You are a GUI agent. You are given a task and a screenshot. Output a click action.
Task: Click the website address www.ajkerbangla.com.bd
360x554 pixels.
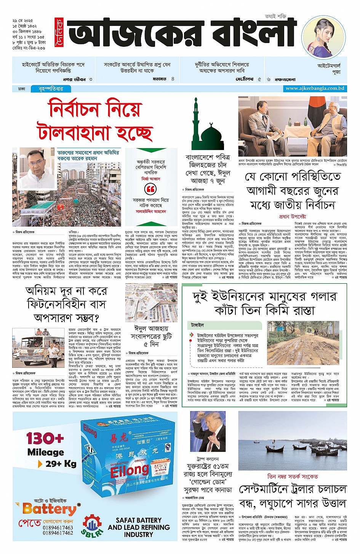click(315, 88)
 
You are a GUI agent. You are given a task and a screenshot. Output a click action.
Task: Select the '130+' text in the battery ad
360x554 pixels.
click(45, 438)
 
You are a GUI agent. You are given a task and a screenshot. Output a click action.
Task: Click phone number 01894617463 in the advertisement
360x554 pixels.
click(58, 527)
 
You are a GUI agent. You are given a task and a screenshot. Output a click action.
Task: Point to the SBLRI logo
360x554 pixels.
click(92, 526)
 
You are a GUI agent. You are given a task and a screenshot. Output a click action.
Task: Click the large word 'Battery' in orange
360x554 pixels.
click(50, 509)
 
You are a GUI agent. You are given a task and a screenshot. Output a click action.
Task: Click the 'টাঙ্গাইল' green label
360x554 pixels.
click(198, 325)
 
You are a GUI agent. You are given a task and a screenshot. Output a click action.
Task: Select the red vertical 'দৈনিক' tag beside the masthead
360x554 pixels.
click(58, 30)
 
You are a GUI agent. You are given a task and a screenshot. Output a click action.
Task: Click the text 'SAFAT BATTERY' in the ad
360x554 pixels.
click(139, 520)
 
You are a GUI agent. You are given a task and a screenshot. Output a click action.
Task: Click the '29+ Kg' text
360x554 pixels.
click(61, 464)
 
